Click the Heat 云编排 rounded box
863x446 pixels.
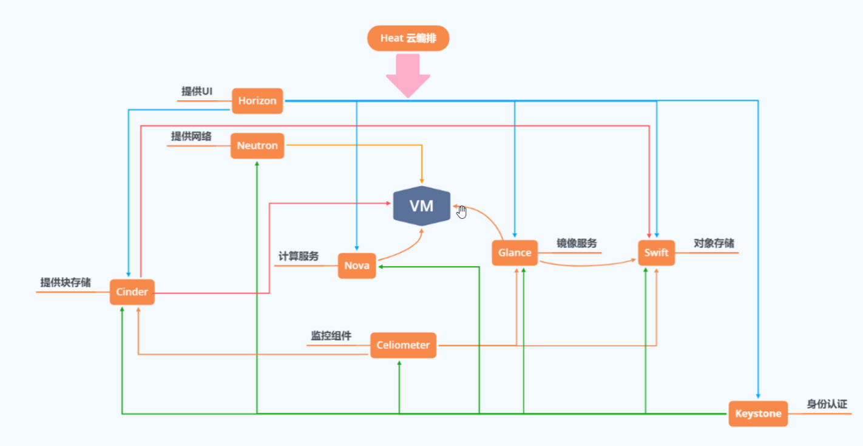[x=408, y=38]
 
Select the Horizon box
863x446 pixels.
[x=257, y=101]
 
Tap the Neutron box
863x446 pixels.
[x=257, y=146]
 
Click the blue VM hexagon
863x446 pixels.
[x=422, y=206]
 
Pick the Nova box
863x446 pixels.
[x=357, y=266]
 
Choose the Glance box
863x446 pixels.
[x=515, y=253]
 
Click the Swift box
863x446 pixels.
[x=656, y=253]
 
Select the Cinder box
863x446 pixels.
[x=132, y=292]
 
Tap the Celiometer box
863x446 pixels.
[x=403, y=345]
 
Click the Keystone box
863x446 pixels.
[x=758, y=414]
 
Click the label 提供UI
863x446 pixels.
[x=197, y=91]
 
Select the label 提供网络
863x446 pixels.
[x=191, y=136]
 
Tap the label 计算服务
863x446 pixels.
[x=299, y=256]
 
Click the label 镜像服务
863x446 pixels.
[x=577, y=243]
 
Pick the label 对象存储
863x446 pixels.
[x=714, y=243]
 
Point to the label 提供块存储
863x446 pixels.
[x=66, y=282]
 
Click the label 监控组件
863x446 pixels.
[x=331, y=335]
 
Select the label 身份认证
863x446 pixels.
[x=827, y=404]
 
